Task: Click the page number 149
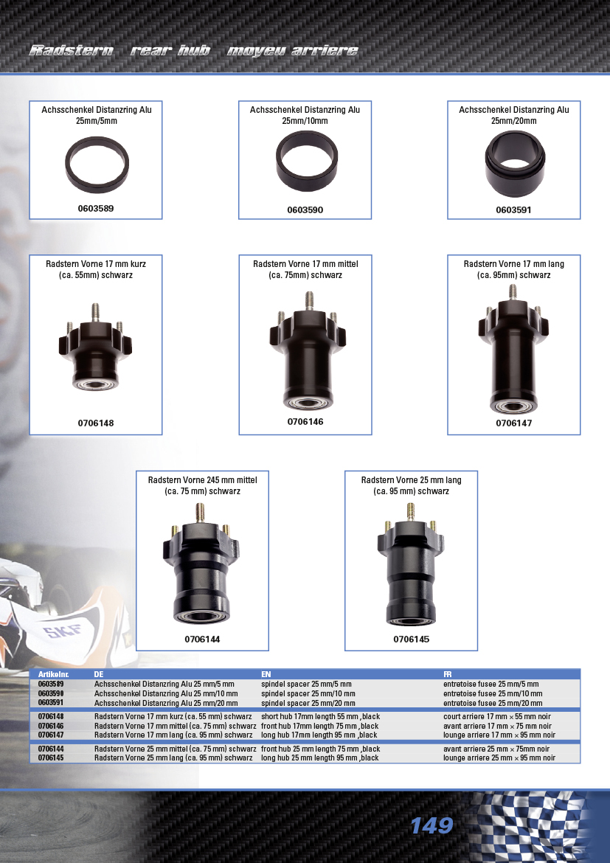pos(431,825)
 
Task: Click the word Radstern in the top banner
pos(72,51)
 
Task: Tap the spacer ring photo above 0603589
pos(97,165)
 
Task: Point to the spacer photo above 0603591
pos(515,164)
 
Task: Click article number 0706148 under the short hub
pos(96,423)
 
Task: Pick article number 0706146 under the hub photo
pos(305,422)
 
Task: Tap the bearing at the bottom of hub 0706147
pos(513,406)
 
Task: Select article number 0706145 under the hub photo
pos(412,640)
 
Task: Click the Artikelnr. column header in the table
pos(53,674)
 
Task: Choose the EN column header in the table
pos(266,674)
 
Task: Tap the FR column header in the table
pos(448,674)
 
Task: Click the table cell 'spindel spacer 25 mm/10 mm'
pos(308,693)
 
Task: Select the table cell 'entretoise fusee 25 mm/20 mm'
pos(493,703)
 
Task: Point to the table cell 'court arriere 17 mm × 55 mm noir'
pos(497,717)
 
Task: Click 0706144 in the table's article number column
pos(51,749)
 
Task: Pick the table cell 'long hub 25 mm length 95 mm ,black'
pos(320,758)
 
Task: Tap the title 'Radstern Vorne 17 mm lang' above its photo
pos(513,264)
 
